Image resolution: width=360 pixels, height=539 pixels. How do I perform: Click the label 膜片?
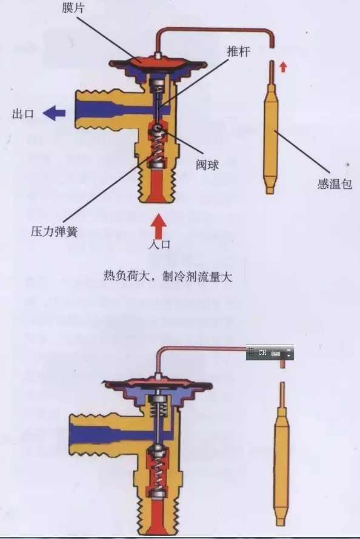tap(73, 7)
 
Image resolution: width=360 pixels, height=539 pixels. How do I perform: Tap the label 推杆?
tap(238, 51)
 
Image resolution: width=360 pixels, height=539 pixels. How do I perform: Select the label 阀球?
tap(207, 165)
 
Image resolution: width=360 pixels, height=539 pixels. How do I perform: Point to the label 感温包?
tap(335, 184)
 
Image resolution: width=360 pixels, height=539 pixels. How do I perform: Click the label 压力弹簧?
tap(54, 231)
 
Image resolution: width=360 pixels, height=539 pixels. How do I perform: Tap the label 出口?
tap(22, 114)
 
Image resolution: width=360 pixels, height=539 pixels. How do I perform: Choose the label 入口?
tap(159, 245)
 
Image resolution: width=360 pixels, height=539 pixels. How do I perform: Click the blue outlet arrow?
tap(54, 113)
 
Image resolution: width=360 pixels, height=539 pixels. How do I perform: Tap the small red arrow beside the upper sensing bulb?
tap(283, 67)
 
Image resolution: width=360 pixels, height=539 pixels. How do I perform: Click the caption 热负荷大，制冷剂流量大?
tap(168, 276)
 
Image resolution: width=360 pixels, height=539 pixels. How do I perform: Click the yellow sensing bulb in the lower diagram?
tap(282, 457)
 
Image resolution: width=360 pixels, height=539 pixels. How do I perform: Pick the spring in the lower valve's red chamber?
tap(158, 472)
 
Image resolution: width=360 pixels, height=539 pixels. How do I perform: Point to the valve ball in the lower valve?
tap(158, 448)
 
